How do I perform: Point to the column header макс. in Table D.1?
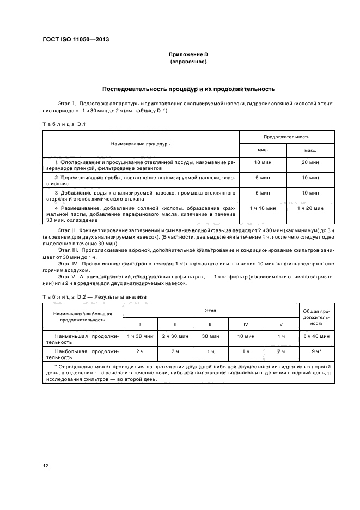(310, 150)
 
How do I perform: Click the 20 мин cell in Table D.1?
(310, 163)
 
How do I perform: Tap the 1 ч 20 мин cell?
(310, 208)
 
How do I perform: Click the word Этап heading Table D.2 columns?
(211, 309)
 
